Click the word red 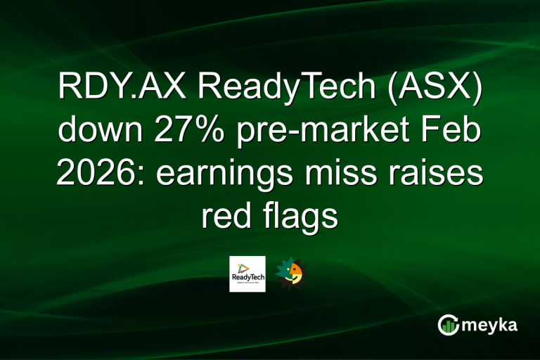pyautogui.click(x=225, y=216)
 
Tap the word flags pyautogui.click(x=302, y=217)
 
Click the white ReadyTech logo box pyautogui.click(x=247, y=274)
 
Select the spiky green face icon pyautogui.click(x=290, y=274)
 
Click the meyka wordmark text pyautogui.click(x=490, y=325)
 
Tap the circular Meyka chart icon pyautogui.click(x=448, y=325)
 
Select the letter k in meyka pyautogui.click(x=502, y=325)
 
